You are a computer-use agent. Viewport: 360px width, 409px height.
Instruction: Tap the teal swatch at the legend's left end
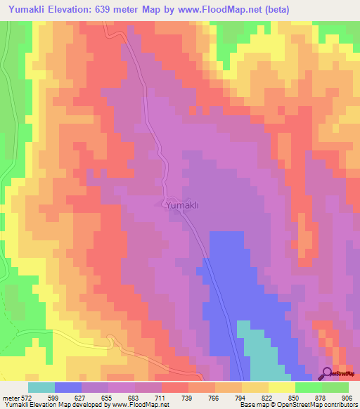(41, 387)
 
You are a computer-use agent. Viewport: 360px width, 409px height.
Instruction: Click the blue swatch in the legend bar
(68, 387)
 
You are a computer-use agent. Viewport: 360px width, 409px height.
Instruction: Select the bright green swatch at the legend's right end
(335, 387)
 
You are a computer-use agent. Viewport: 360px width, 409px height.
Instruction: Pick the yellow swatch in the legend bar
(282, 387)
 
